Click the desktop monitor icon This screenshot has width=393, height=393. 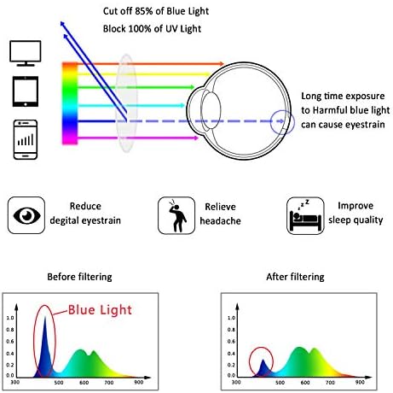[26, 53]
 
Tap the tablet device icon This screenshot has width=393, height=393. [26, 91]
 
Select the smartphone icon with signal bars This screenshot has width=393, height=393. [26, 139]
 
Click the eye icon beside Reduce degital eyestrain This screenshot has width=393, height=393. [26, 215]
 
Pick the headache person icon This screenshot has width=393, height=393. [176, 215]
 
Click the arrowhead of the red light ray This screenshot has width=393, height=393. [222, 64]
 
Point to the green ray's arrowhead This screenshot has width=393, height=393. [192, 87]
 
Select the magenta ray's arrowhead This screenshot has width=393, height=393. [195, 138]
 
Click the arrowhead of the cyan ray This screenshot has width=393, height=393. [182, 105]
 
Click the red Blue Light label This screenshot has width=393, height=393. [100, 310]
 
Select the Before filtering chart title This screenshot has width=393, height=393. [79, 277]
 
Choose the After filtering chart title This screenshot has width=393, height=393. [295, 277]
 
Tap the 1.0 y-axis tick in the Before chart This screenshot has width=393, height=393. [10, 318]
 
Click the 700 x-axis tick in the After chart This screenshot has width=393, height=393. [330, 382]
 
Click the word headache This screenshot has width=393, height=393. [220, 220]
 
